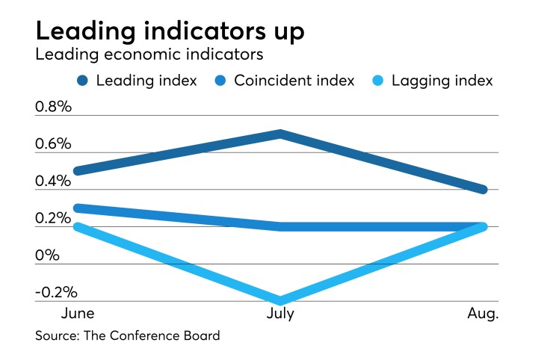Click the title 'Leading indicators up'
click(x=170, y=32)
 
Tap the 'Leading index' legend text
click(x=146, y=81)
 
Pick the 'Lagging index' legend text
click(x=442, y=81)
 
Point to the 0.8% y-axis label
click(x=53, y=106)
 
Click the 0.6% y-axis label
click(x=53, y=143)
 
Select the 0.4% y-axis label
click(x=53, y=181)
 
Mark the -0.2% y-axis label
click(x=56, y=293)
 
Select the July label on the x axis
click(x=279, y=314)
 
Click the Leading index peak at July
click(x=279, y=134)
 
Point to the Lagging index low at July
click(x=279, y=301)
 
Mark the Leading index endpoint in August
click(x=484, y=190)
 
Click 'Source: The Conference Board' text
click(x=128, y=336)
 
